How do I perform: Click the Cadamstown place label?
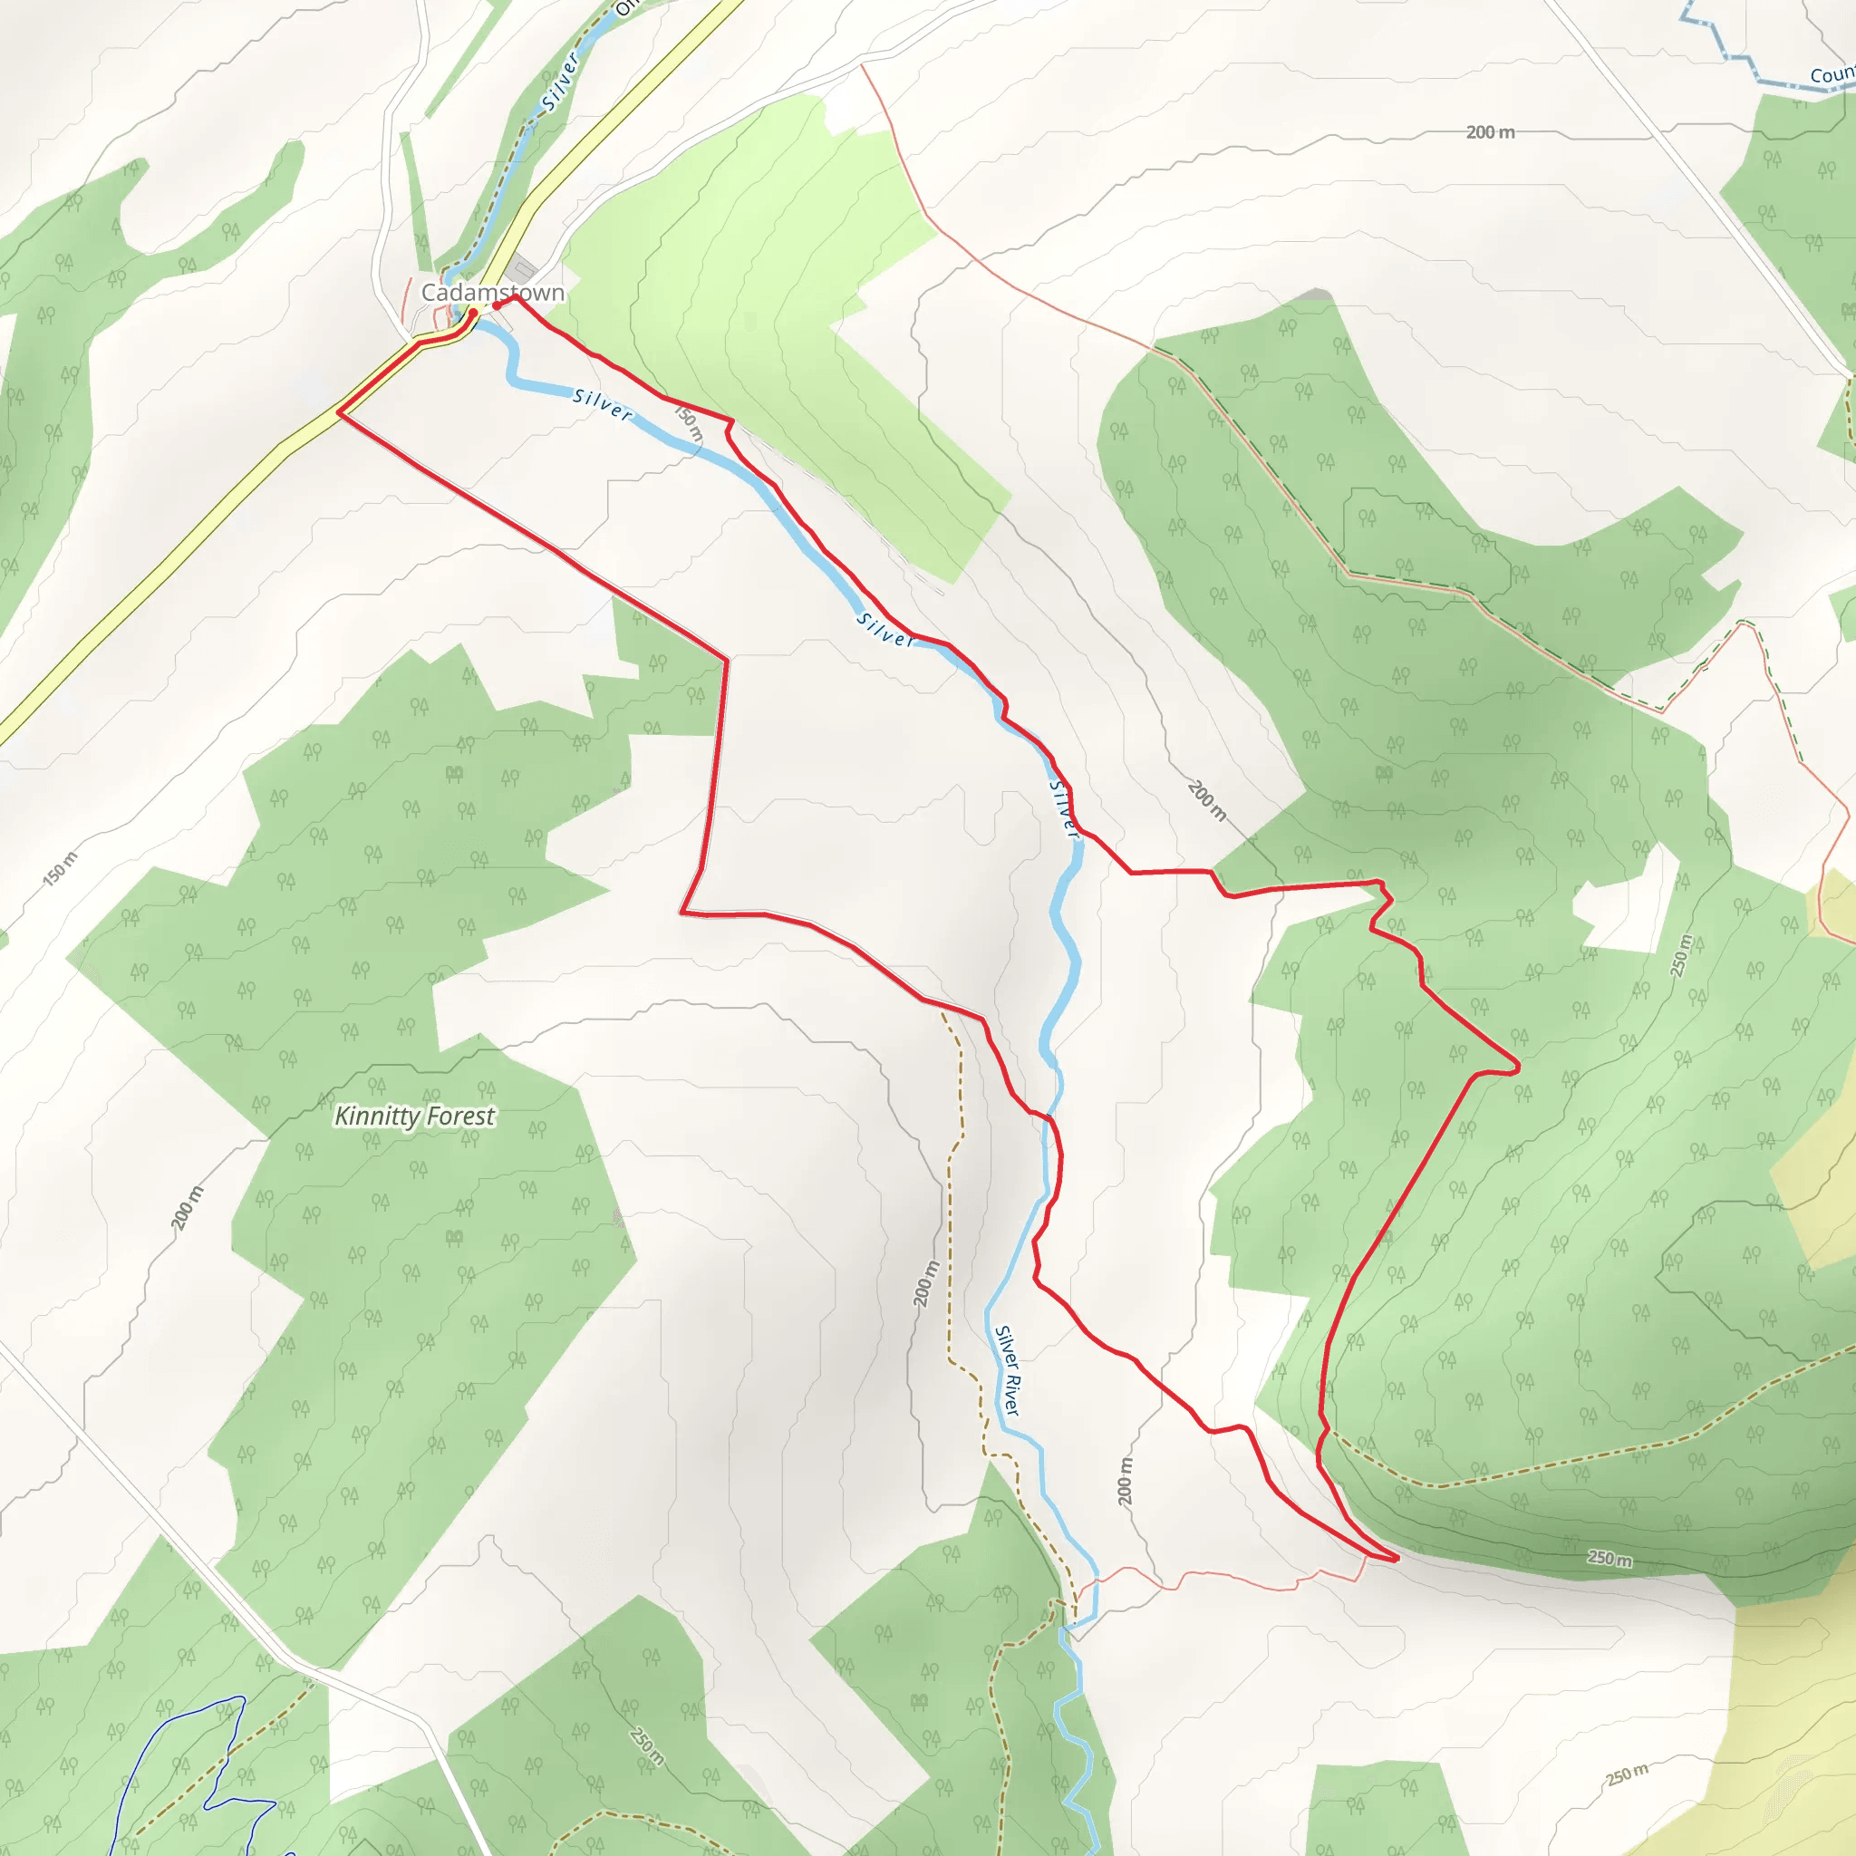(493, 292)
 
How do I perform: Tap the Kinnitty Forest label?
(414, 1116)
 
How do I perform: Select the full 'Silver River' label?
(1007, 1371)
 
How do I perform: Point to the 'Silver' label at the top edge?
(562, 82)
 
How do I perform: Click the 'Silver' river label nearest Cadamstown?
(603, 404)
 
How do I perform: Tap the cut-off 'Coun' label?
(1831, 75)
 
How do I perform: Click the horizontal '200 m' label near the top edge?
(1490, 132)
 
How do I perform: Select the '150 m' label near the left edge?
(61, 867)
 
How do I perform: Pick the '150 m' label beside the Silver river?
(690, 423)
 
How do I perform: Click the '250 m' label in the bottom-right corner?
(1628, 1774)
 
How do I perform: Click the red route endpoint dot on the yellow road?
(473, 314)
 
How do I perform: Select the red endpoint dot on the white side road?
(497, 305)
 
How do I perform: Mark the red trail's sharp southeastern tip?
(1396, 1558)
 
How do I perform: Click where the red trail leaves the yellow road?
(339, 413)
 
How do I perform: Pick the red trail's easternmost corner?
(1519, 1066)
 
